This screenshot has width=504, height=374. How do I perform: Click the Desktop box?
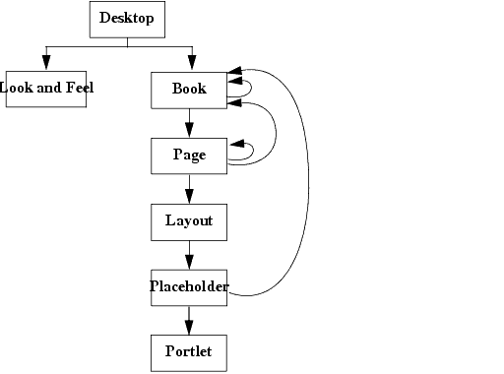pos(127,20)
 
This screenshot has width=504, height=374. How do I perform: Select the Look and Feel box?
pos(45,89)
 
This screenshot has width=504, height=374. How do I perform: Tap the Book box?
pos(189,90)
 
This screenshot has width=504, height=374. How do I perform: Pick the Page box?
pos(189,155)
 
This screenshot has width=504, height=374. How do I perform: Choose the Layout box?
pos(189,221)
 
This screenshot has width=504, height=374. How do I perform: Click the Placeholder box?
pos(189,287)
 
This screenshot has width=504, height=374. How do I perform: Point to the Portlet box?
pos(189,352)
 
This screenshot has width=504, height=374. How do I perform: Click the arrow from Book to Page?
pos(189,123)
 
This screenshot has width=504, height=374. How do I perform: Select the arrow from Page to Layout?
pos(189,188)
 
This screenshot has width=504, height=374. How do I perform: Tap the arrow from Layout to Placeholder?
pos(189,254)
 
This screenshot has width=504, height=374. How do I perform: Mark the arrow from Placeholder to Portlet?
pos(189,320)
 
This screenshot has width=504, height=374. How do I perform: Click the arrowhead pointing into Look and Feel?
pos(45,63)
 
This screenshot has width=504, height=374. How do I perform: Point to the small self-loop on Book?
pos(250,90)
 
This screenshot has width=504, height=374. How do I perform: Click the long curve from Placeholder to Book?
pos(309,187)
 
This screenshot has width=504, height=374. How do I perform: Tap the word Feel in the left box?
pos(78,88)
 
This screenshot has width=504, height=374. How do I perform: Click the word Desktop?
pos(127,19)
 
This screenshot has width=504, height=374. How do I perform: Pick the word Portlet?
pos(189,352)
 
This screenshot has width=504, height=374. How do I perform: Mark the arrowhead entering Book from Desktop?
pos(191,63)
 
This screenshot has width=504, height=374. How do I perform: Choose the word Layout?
pos(189,221)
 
